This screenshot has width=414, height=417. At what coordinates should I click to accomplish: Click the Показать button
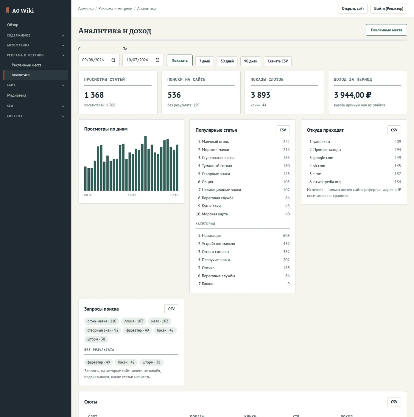(179, 60)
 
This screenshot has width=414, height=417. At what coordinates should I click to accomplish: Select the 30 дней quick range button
(227, 61)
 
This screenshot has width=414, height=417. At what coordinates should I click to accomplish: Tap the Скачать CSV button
(278, 61)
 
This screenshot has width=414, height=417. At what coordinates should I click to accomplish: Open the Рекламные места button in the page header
(386, 30)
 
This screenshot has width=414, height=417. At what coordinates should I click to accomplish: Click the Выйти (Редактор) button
(388, 8)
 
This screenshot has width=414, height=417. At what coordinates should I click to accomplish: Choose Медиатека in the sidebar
(17, 95)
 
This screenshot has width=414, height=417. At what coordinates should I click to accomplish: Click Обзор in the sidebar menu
(13, 25)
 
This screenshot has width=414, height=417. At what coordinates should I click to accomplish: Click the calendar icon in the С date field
(113, 60)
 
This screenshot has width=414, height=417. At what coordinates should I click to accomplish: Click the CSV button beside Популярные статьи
(283, 130)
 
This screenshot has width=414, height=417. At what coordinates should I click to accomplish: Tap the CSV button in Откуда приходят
(394, 130)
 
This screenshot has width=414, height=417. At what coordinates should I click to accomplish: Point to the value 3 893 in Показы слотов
(260, 95)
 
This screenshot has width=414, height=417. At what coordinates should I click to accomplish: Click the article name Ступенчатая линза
(218, 158)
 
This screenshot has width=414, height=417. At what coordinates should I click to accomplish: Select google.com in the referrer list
(323, 158)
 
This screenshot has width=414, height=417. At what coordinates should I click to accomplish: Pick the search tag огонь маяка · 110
(102, 321)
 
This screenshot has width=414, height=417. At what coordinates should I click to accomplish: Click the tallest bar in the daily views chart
(145, 163)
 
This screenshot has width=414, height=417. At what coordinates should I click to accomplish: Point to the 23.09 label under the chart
(131, 195)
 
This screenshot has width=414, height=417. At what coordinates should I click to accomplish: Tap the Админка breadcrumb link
(86, 8)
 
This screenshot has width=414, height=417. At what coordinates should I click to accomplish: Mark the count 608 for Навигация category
(286, 236)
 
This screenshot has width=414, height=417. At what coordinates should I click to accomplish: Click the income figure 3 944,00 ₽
(353, 95)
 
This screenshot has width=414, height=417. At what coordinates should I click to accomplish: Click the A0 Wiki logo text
(23, 11)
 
